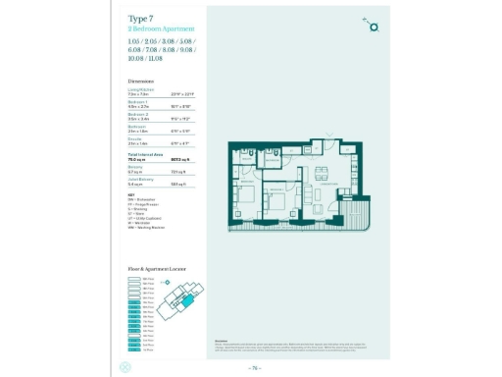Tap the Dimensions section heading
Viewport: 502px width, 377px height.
[140, 81]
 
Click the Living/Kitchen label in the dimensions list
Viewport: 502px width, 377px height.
[140, 91]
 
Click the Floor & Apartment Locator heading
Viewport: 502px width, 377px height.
[157, 268]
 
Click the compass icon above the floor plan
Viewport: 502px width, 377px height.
[371, 25]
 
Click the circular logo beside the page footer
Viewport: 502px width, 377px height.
[123, 368]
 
